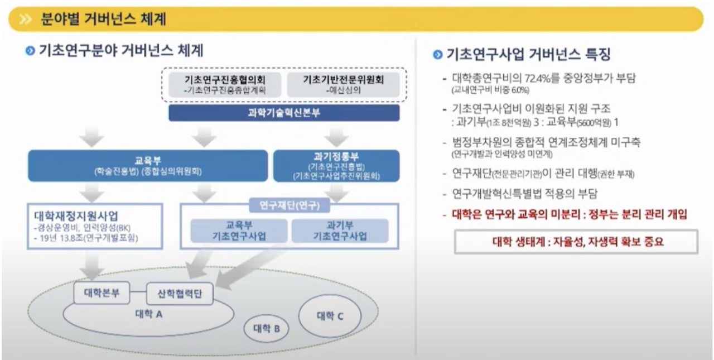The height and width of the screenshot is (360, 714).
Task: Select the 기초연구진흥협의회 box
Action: point(225,84)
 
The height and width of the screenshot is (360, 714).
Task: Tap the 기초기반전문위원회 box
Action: point(343,84)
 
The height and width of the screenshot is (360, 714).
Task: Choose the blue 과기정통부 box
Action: point(336,166)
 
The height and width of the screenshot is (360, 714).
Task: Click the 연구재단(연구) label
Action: point(289,205)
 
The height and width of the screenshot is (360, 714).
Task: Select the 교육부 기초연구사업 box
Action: point(239,231)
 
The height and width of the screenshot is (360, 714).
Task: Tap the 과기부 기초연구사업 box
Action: point(340,231)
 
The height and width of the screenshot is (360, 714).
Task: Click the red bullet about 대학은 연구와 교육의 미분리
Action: point(565,214)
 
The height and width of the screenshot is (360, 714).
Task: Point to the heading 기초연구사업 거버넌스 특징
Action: point(527,55)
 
